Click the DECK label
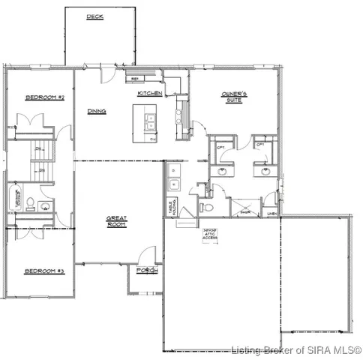click(94, 16)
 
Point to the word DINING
click(96, 111)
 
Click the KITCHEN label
click(150, 93)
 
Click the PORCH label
click(146, 270)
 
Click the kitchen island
click(145, 123)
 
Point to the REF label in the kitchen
click(136, 78)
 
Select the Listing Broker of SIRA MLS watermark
click(296, 350)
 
